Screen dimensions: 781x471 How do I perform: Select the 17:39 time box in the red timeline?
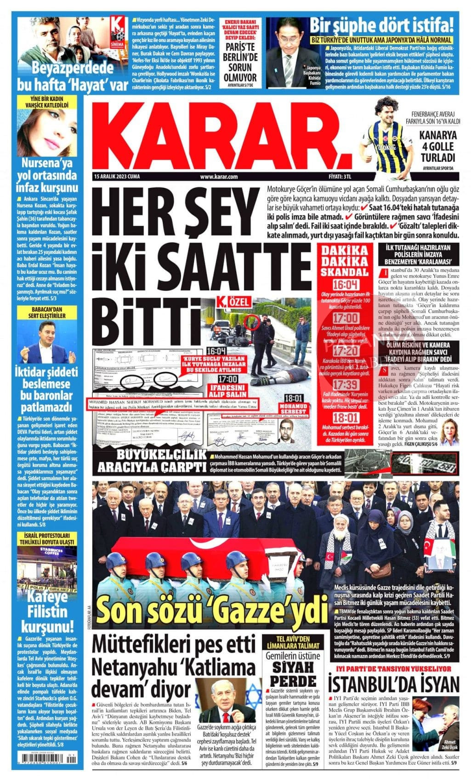pos(346,385)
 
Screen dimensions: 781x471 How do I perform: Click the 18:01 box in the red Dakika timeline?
pos(346,418)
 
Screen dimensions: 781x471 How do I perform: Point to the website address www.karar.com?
pos(219,177)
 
